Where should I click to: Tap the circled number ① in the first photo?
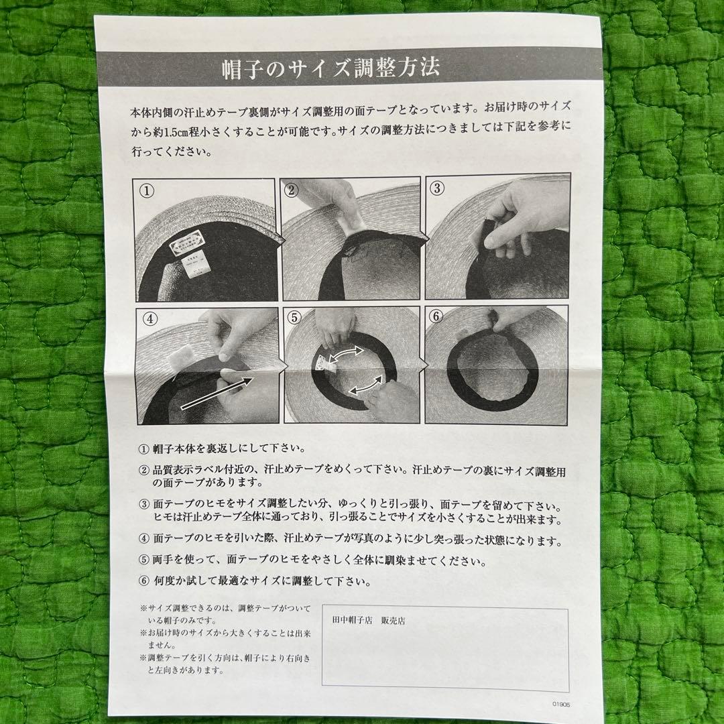(x=147, y=190)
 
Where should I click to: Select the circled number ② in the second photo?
(x=291, y=190)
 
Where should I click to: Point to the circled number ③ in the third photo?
(x=437, y=188)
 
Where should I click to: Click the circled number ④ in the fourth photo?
(x=147, y=317)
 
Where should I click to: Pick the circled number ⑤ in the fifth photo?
(x=292, y=317)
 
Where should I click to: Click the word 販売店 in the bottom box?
(x=393, y=621)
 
